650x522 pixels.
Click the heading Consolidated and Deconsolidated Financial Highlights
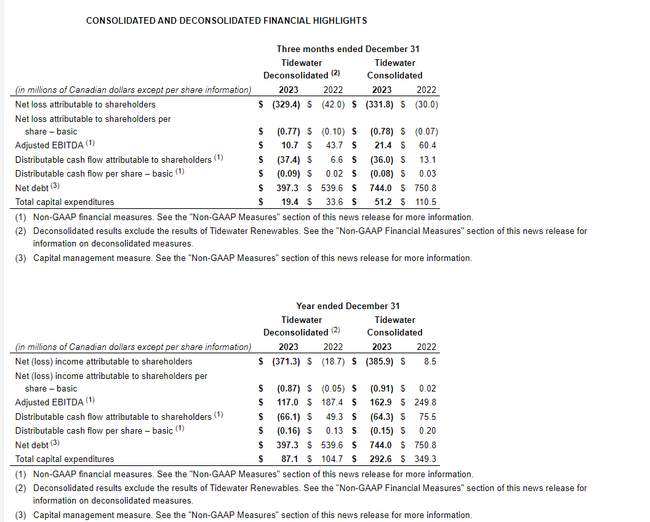tap(227, 20)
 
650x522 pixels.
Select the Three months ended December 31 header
tap(348, 49)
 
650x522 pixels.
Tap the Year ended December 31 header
tap(348, 306)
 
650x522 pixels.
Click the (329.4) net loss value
tap(287, 104)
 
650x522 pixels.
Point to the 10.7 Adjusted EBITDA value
tap(290, 145)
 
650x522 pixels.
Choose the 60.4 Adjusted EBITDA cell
tap(427, 145)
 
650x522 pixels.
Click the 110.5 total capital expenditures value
tap(426, 202)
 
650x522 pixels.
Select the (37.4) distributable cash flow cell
tap(288, 159)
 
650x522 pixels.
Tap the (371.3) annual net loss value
tap(287, 361)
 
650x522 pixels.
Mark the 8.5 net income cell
tap(430, 361)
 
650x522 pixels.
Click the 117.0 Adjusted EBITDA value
tap(288, 402)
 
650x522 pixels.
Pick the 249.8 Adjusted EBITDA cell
tap(426, 402)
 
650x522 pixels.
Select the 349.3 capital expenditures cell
tap(426, 459)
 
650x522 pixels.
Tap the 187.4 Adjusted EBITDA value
tap(333, 402)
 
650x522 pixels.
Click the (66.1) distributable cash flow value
tap(288, 417)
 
